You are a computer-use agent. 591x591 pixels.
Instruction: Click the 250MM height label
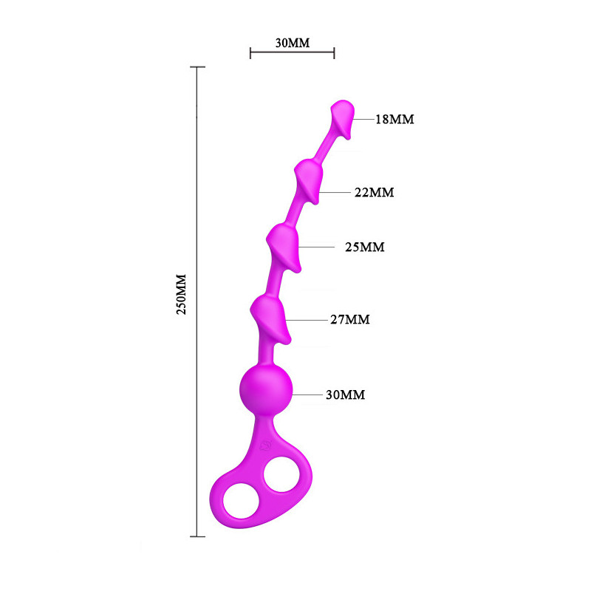click(x=181, y=294)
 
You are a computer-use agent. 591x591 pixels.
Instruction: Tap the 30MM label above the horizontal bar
click(x=293, y=43)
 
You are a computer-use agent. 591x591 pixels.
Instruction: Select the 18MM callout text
click(x=394, y=119)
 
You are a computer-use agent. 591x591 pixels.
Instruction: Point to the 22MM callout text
click(x=375, y=192)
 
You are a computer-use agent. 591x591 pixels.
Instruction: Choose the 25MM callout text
click(x=365, y=247)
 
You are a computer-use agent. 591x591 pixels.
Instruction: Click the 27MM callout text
click(x=350, y=319)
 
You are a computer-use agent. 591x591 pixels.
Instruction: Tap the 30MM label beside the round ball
click(x=346, y=394)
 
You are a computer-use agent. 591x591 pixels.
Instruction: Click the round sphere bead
click(x=266, y=389)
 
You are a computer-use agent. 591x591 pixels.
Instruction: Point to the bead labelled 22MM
click(x=309, y=181)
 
